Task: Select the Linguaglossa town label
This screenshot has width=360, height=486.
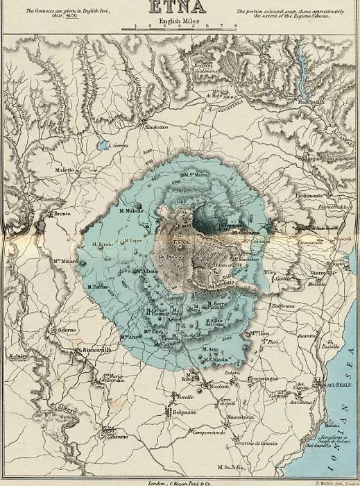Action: [321, 159]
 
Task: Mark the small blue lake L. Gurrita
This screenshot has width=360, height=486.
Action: [103, 146]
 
